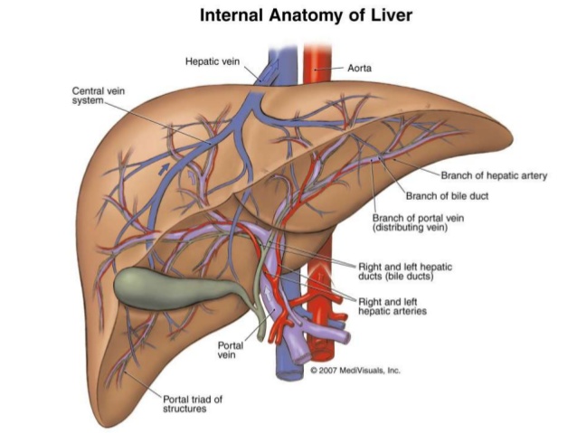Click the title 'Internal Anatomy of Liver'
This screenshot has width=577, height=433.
[x=288, y=16]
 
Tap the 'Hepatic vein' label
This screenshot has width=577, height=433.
[x=210, y=61]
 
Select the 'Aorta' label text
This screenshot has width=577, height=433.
[x=360, y=67]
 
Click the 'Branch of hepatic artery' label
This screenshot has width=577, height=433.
[x=494, y=175]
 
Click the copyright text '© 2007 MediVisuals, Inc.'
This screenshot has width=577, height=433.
[x=355, y=371]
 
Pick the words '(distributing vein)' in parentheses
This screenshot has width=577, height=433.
[x=413, y=228]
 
